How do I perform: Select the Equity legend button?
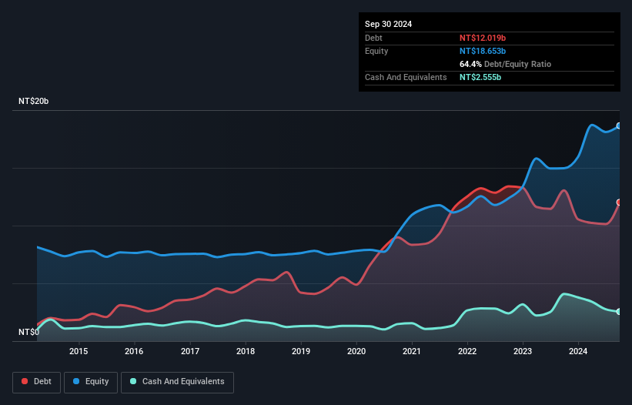[x=91, y=382]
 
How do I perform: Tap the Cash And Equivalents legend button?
[x=177, y=382]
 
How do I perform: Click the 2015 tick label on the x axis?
[x=79, y=352]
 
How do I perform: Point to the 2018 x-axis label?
[x=246, y=352]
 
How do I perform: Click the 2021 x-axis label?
[x=412, y=352]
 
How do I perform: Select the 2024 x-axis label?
[x=578, y=352]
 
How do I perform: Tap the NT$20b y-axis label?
[x=34, y=102]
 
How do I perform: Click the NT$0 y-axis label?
[x=28, y=333]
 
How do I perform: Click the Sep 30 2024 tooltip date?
[x=388, y=24]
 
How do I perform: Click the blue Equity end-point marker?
[x=619, y=126]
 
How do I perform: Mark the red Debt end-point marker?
[x=619, y=202]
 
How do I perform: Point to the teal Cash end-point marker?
[x=619, y=311]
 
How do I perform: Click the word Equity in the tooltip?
[x=376, y=51]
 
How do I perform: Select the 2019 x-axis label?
[x=301, y=352]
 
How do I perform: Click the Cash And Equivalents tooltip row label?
[x=406, y=78]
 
